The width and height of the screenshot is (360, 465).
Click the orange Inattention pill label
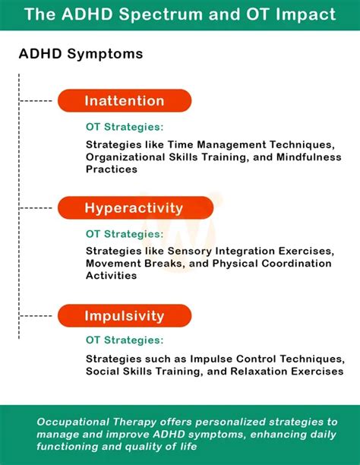pyautogui.click(x=125, y=101)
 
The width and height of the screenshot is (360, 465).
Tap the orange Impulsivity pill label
pyautogui.click(x=125, y=315)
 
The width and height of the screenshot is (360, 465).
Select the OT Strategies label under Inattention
pyautogui.click(x=124, y=128)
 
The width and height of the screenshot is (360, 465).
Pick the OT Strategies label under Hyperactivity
pyautogui.click(x=124, y=234)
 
